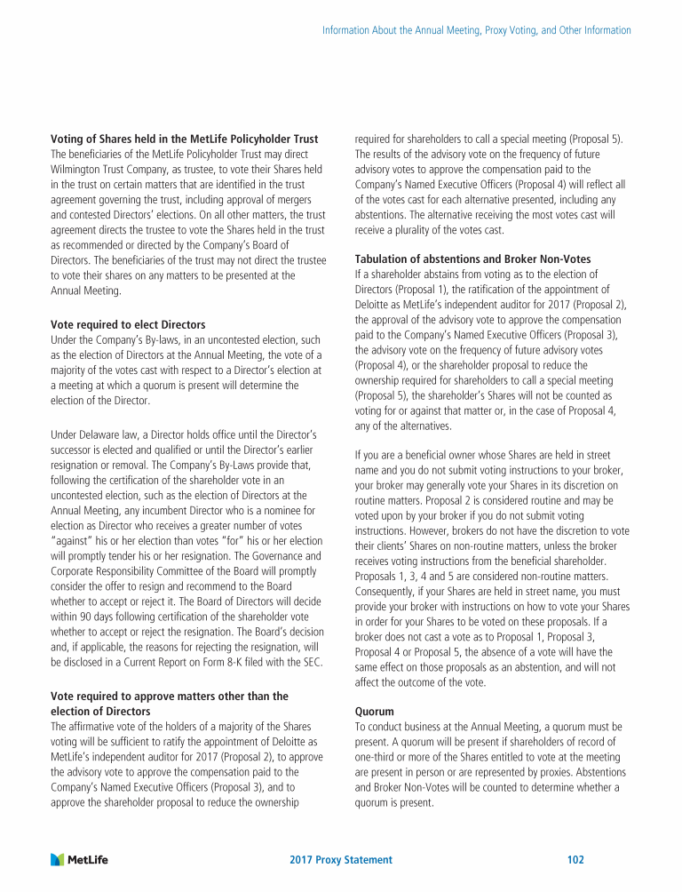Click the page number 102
pos(575,860)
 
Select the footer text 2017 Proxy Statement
pos(341,860)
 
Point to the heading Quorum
pos(373,712)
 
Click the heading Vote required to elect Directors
pos(128,324)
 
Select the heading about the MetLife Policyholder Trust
pos(184,139)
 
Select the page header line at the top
pos(476,30)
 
